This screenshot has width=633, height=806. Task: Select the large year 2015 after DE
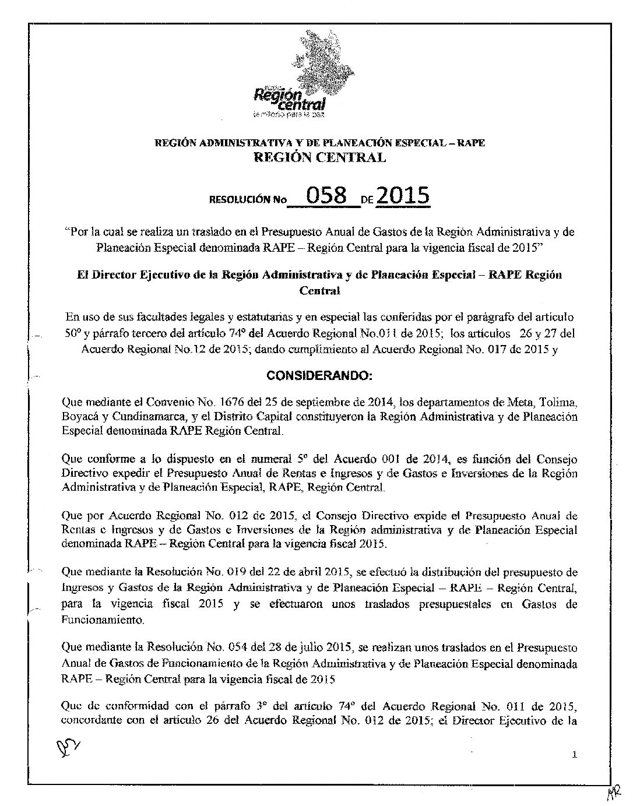(403, 196)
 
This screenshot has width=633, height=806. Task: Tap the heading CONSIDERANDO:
(318, 376)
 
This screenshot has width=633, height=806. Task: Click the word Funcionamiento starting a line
(96, 618)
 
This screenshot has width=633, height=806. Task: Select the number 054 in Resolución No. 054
(241, 647)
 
